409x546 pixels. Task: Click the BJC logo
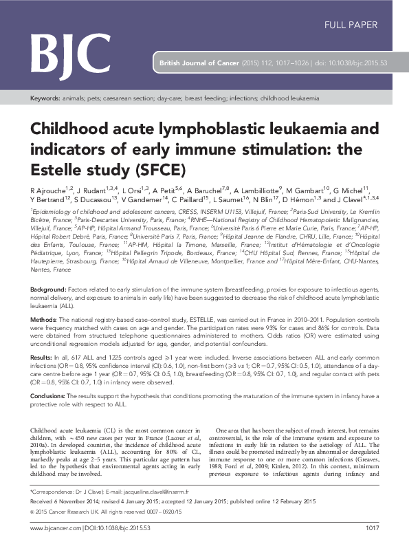coord(70,50)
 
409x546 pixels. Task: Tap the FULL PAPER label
coord(351,25)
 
